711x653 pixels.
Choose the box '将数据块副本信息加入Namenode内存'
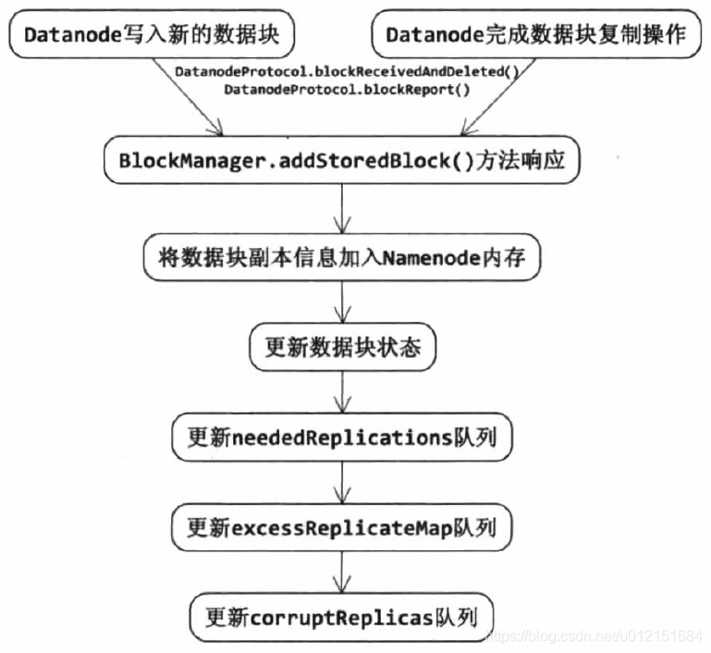pos(341,258)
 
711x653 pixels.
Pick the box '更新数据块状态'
pos(342,349)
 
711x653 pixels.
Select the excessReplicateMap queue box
pos(341,528)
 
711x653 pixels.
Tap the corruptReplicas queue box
pos(341,615)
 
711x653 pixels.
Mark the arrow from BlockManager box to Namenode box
pos(342,209)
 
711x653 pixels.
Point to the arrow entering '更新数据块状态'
pos(342,304)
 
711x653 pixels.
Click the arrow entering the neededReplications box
pos(342,393)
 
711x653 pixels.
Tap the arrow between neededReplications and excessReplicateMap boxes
pos(342,483)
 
